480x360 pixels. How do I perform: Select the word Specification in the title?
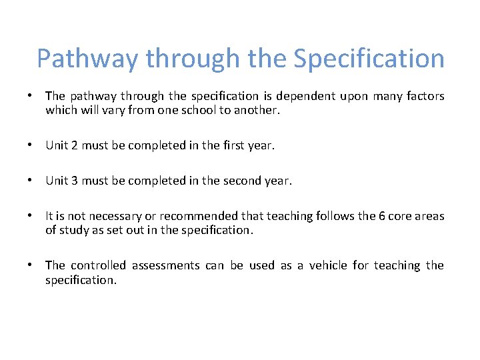tap(369, 59)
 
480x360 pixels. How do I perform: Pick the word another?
tap(257, 111)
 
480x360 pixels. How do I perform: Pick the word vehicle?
tap(323, 265)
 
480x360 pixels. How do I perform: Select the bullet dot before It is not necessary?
tap(31, 216)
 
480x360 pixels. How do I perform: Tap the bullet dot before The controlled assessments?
tap(31, 265)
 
